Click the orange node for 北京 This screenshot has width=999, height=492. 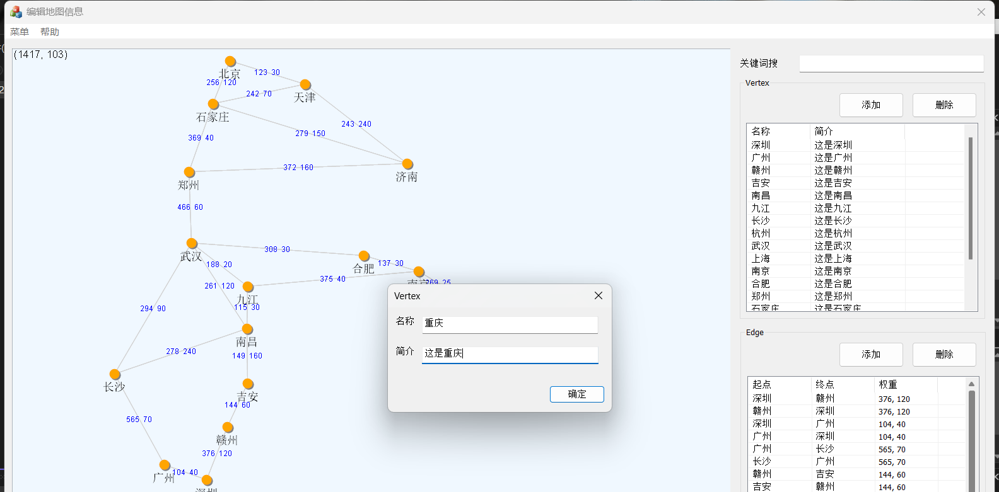coord(230,62)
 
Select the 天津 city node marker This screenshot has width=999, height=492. coord(305,85)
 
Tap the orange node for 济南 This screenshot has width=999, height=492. coord(407,164)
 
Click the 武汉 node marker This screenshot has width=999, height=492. coord(192,244)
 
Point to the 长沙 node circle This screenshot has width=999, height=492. coord(115,375)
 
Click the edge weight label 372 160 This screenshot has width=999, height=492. coord(298,168)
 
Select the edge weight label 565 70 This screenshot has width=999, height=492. coord(139,420)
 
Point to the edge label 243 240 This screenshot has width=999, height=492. coord(356,124)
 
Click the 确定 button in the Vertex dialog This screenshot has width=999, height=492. coord(576,394)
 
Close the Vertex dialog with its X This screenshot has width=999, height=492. coord(599,295)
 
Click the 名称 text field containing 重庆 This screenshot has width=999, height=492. coord(510,324)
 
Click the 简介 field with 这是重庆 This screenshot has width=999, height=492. coord(510,354)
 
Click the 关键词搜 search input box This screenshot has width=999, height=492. coord(891,64)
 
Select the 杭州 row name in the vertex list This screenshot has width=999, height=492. coord(761,234)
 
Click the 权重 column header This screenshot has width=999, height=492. coord(888,384)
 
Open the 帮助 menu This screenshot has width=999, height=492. coord(50,32)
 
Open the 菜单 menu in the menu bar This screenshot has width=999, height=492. coord(20,32)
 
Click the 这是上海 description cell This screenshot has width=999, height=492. coord(833,259)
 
